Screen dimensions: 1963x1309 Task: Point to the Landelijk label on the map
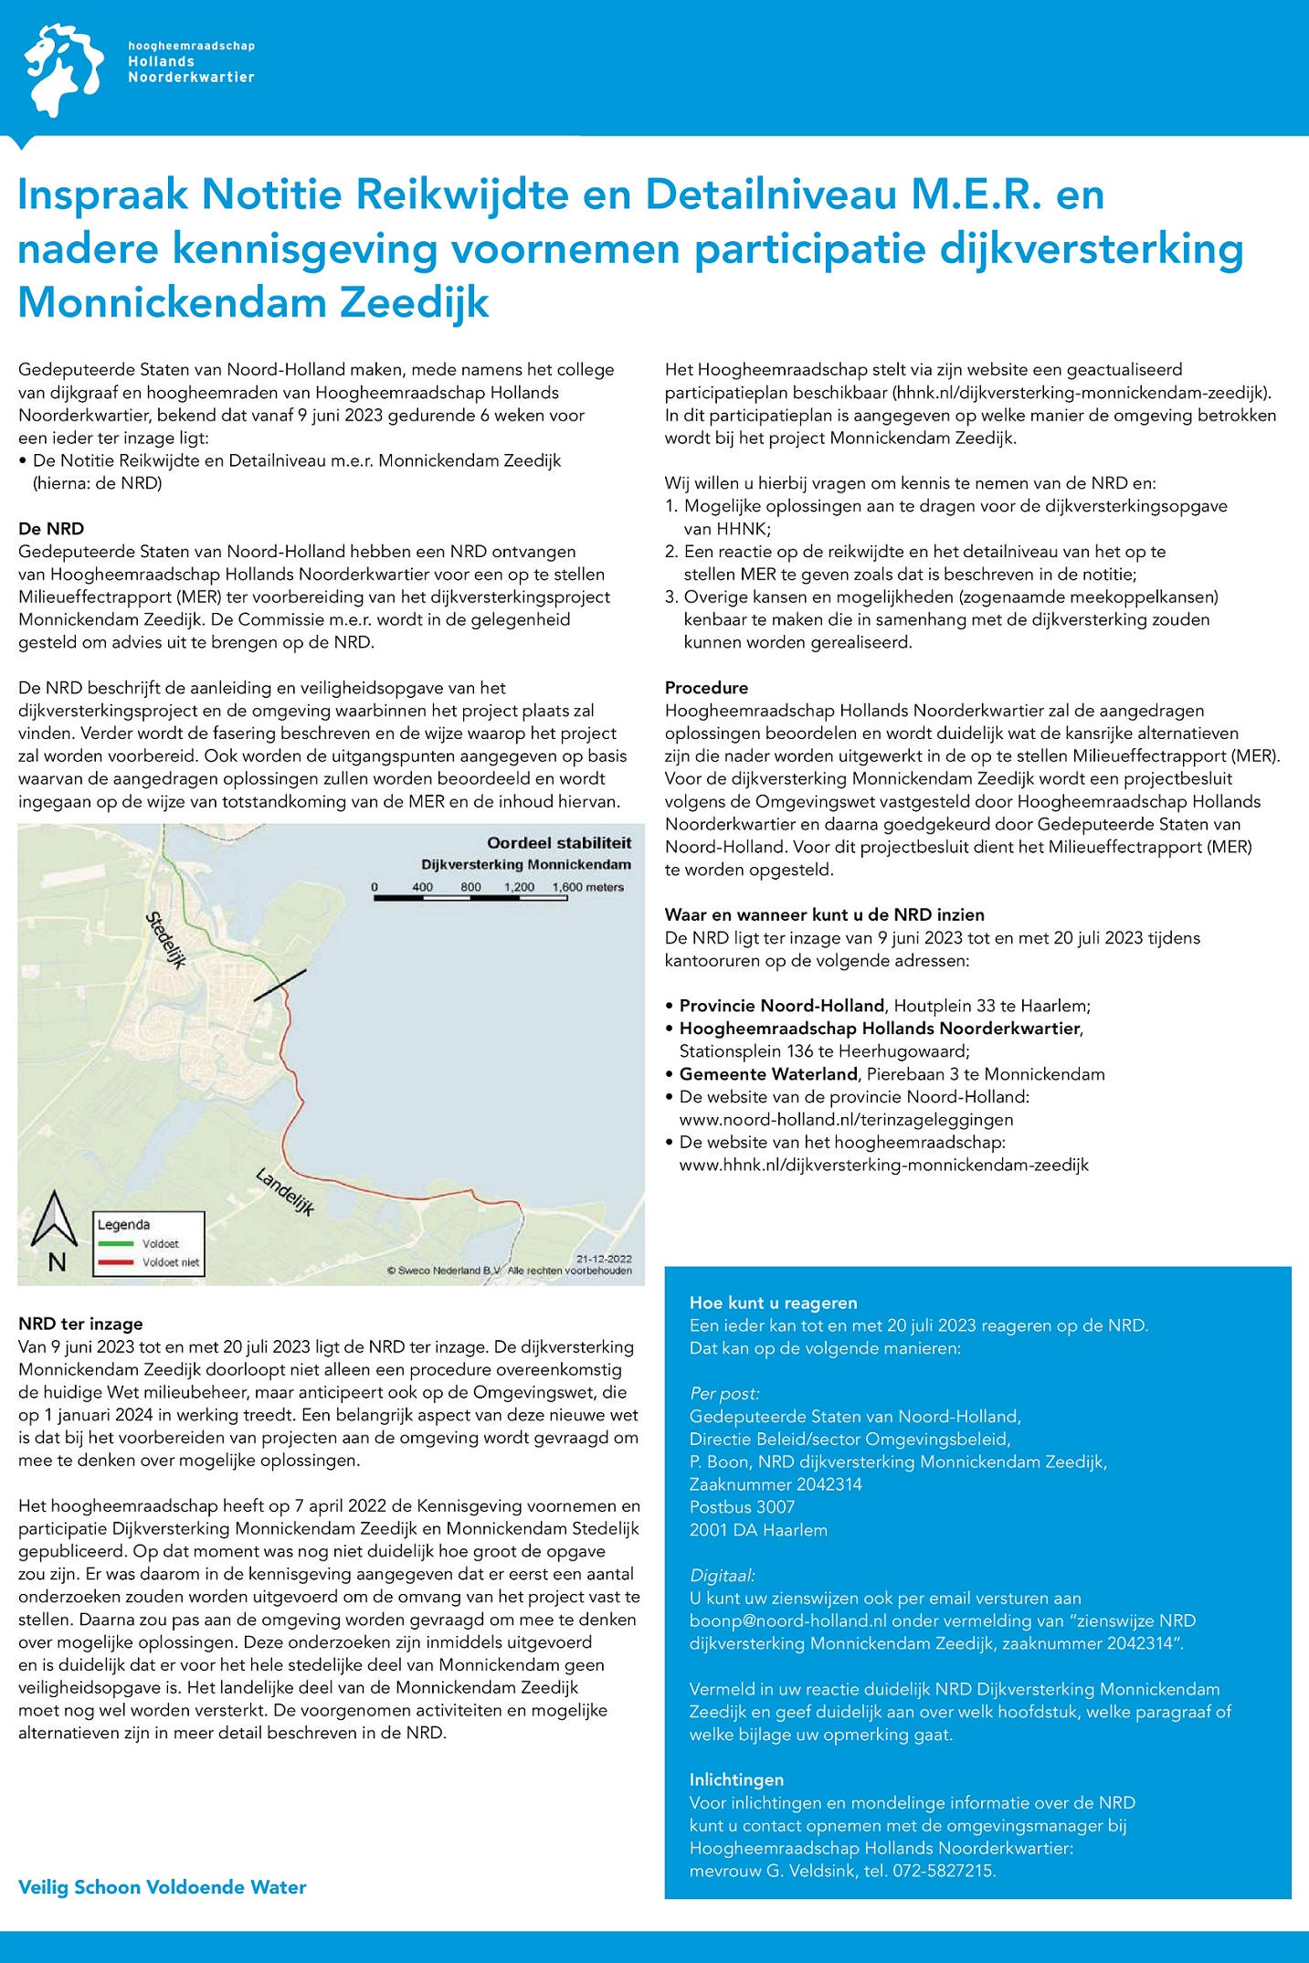(284, 1191)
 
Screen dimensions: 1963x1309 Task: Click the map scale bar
(470, 898)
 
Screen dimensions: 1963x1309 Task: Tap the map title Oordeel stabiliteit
(558, 843)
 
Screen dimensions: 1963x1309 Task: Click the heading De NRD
(51, 529)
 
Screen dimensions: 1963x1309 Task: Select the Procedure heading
(706, 688)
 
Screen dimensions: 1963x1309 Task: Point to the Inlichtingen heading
(736, 1779)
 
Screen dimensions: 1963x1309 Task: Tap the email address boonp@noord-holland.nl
(788, 1621)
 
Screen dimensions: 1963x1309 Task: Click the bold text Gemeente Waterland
(768, 1074)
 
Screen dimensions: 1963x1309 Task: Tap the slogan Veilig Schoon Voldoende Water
(163, 1887)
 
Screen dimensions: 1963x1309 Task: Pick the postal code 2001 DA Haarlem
(758, 1530)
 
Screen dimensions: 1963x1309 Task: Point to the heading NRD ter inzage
(80, 1324)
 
